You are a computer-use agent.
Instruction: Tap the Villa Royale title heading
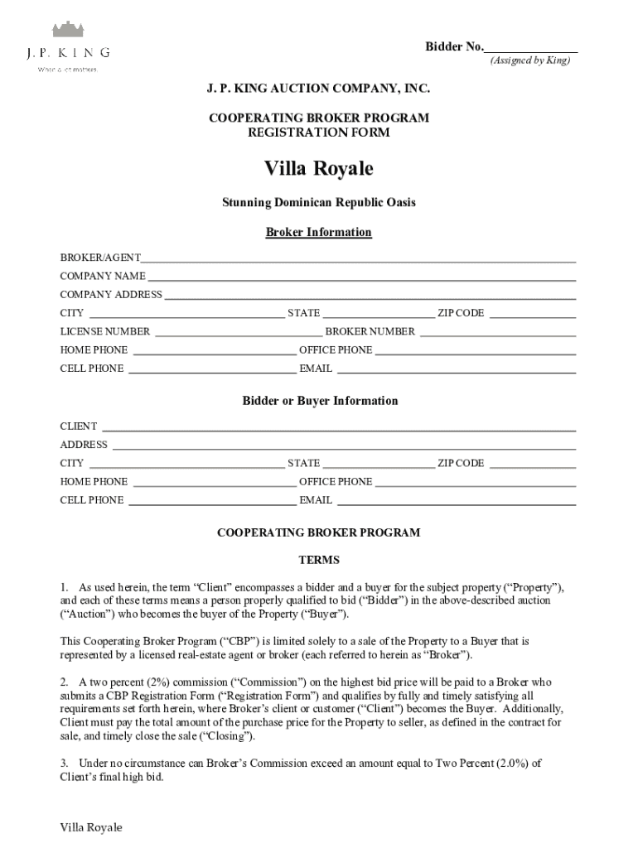318,169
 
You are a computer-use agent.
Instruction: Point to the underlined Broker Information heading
318,233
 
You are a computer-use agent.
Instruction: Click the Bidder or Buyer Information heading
320,401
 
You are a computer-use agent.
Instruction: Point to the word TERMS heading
319,561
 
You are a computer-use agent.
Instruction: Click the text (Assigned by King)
529,61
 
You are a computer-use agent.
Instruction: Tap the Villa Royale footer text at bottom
91,827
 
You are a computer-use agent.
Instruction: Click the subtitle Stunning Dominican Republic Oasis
318,202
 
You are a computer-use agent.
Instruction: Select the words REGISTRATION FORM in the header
318,132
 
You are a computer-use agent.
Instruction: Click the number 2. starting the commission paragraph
64,682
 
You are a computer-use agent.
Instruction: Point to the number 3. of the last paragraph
64,763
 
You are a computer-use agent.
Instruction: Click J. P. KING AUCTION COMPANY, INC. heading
318,88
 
